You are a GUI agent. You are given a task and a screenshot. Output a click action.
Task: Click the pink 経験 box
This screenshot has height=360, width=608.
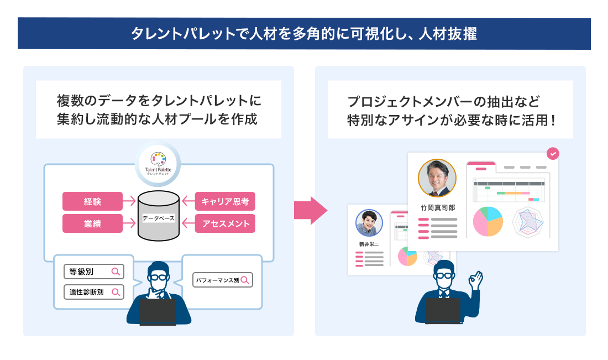point(92,201)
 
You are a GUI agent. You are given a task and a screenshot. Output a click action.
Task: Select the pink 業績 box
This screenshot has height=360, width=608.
point(92,223)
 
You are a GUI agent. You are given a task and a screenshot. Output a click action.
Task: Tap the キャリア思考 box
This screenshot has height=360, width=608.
point(225,201)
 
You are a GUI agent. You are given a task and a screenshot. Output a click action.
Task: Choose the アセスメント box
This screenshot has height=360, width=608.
point(225,223)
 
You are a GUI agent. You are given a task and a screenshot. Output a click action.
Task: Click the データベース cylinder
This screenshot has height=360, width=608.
point(159,216)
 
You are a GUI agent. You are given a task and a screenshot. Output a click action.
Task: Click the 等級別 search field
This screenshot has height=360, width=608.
point(93,272)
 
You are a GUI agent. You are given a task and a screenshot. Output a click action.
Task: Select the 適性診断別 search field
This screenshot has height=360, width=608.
point(93,291)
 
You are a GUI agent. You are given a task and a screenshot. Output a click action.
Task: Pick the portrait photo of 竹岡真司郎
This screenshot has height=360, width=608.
point(437,178)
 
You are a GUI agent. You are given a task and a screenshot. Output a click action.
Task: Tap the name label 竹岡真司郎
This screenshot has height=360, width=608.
point(437,207)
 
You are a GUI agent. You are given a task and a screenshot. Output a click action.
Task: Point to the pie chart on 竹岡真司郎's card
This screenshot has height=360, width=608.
point(488,221)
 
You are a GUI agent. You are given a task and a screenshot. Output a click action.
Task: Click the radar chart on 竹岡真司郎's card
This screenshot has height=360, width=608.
point(530,222)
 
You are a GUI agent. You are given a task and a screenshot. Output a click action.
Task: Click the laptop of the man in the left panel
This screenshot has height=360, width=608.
point(158,312)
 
